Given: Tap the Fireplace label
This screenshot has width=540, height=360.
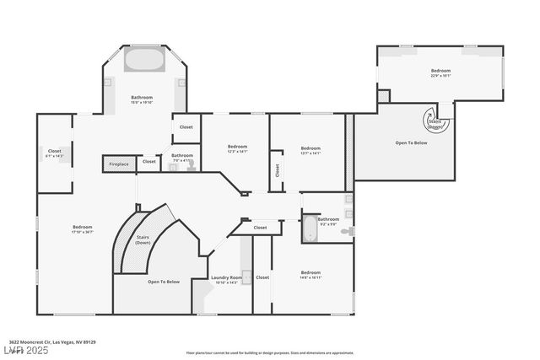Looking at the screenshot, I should coord(119,164).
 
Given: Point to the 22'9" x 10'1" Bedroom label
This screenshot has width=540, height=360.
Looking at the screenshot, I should coord(440,73).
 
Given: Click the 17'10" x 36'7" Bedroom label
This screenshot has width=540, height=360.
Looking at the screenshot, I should coord(82,229).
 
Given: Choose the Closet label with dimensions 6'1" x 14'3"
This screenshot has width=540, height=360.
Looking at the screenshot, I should coord(54,153).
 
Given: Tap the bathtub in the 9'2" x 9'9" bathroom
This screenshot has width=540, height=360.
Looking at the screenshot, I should coord(308,228).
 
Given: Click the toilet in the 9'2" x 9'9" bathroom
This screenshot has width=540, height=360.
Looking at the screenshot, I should coord(347,230).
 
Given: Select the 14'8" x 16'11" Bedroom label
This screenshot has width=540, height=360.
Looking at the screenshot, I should coord(310,274).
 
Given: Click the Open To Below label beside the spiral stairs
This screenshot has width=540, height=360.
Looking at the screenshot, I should coord(412,143).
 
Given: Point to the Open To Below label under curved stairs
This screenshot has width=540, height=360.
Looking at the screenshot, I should coord(164,282).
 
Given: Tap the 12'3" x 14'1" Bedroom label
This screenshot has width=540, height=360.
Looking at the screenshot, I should coord(237,149).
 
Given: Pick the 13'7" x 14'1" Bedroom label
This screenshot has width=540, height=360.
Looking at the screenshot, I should coord(310,150).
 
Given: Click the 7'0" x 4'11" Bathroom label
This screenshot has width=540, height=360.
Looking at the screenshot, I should coord(182,157).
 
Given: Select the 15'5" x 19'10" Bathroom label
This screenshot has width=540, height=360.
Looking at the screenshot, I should coord(142,99).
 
